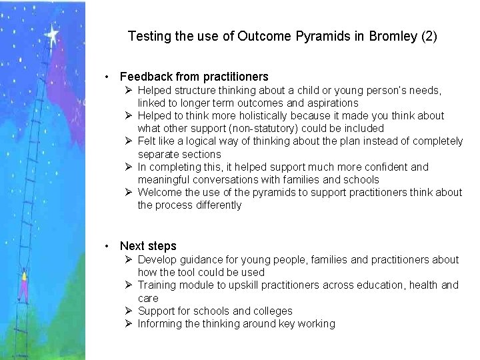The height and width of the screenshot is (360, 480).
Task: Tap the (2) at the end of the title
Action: (x=427, y=36)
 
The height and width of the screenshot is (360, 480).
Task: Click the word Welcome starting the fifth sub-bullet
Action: (x=160, y=193)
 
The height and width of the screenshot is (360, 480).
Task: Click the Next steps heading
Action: (x=148, y=246)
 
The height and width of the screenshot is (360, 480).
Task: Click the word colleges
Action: (x=271, y=311)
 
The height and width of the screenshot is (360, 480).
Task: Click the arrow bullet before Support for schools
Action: (x=129, y=311)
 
